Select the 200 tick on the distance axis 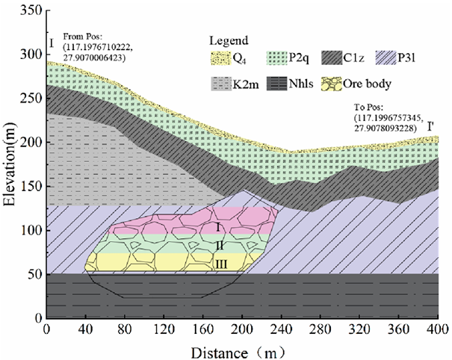pyautogui.click(x=242, y=329)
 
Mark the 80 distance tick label pyautogui.click(x=125, y=329)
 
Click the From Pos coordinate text pyautogui.click(x=94, y=46)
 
